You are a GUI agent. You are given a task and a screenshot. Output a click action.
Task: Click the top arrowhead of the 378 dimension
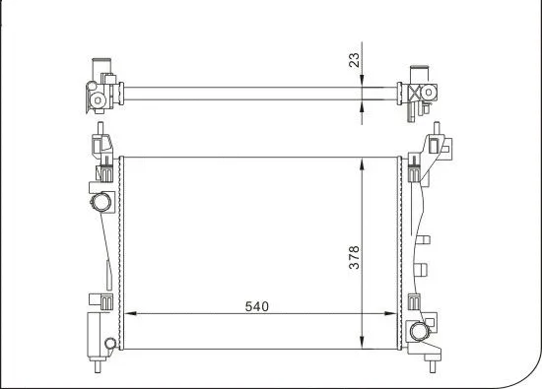365,161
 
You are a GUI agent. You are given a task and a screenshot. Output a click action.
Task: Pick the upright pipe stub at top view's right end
425,68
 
